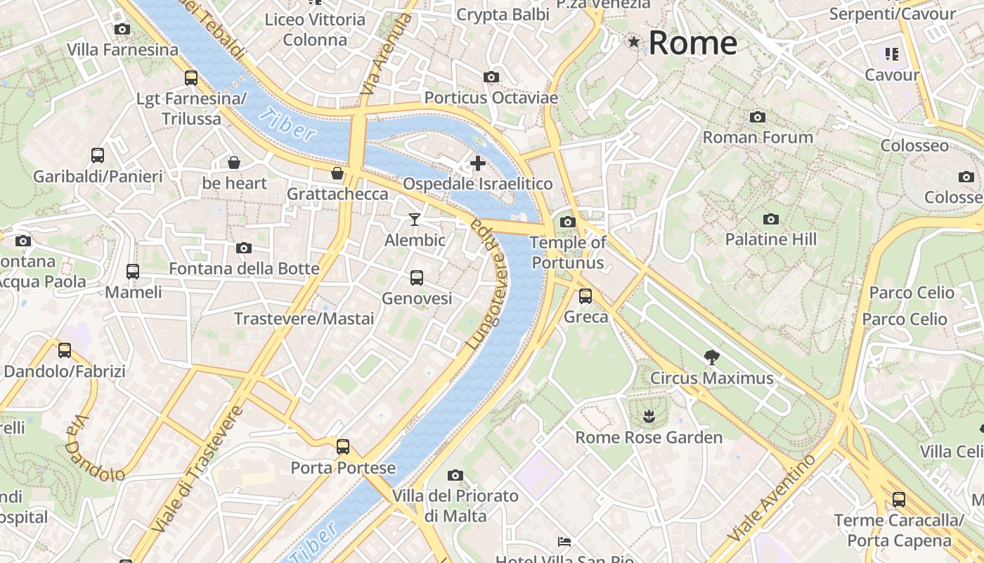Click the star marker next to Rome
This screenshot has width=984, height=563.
point(634,42)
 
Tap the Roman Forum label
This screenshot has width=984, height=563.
point(758,137)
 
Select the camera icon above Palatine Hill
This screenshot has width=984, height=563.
point(771,219)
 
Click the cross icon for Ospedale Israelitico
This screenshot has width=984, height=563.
point(478,164)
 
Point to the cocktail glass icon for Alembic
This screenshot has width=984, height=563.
point(415,220)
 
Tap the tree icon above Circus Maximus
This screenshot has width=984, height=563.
point(711,358)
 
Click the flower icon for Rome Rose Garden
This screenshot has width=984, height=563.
point(648,417)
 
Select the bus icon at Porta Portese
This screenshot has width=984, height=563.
point(343,446)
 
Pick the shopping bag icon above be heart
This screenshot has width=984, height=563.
point(234,163)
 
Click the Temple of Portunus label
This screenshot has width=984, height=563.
point(568,253)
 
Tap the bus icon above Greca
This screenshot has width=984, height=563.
point(585,296)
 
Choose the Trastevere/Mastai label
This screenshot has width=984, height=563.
point(304,319)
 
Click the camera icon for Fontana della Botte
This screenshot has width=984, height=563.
point(244,248)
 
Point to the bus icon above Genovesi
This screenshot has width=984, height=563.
point(417,278)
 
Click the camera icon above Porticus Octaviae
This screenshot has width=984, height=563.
point(491,77)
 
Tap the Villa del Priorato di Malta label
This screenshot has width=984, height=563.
point(455,506)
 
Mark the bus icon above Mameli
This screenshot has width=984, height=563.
point(133,271)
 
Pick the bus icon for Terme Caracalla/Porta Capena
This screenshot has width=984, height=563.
point(899,500)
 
